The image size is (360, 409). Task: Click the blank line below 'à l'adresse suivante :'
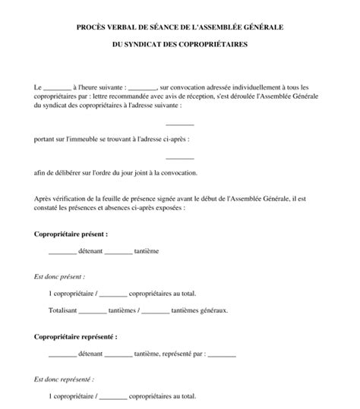tap(180, 124)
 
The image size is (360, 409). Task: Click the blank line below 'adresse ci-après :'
tap(180, 158)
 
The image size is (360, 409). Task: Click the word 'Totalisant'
tap(62, 310)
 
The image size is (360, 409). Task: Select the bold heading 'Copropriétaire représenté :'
tap(76, 335)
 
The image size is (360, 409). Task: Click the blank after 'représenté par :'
tap(221, 354)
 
